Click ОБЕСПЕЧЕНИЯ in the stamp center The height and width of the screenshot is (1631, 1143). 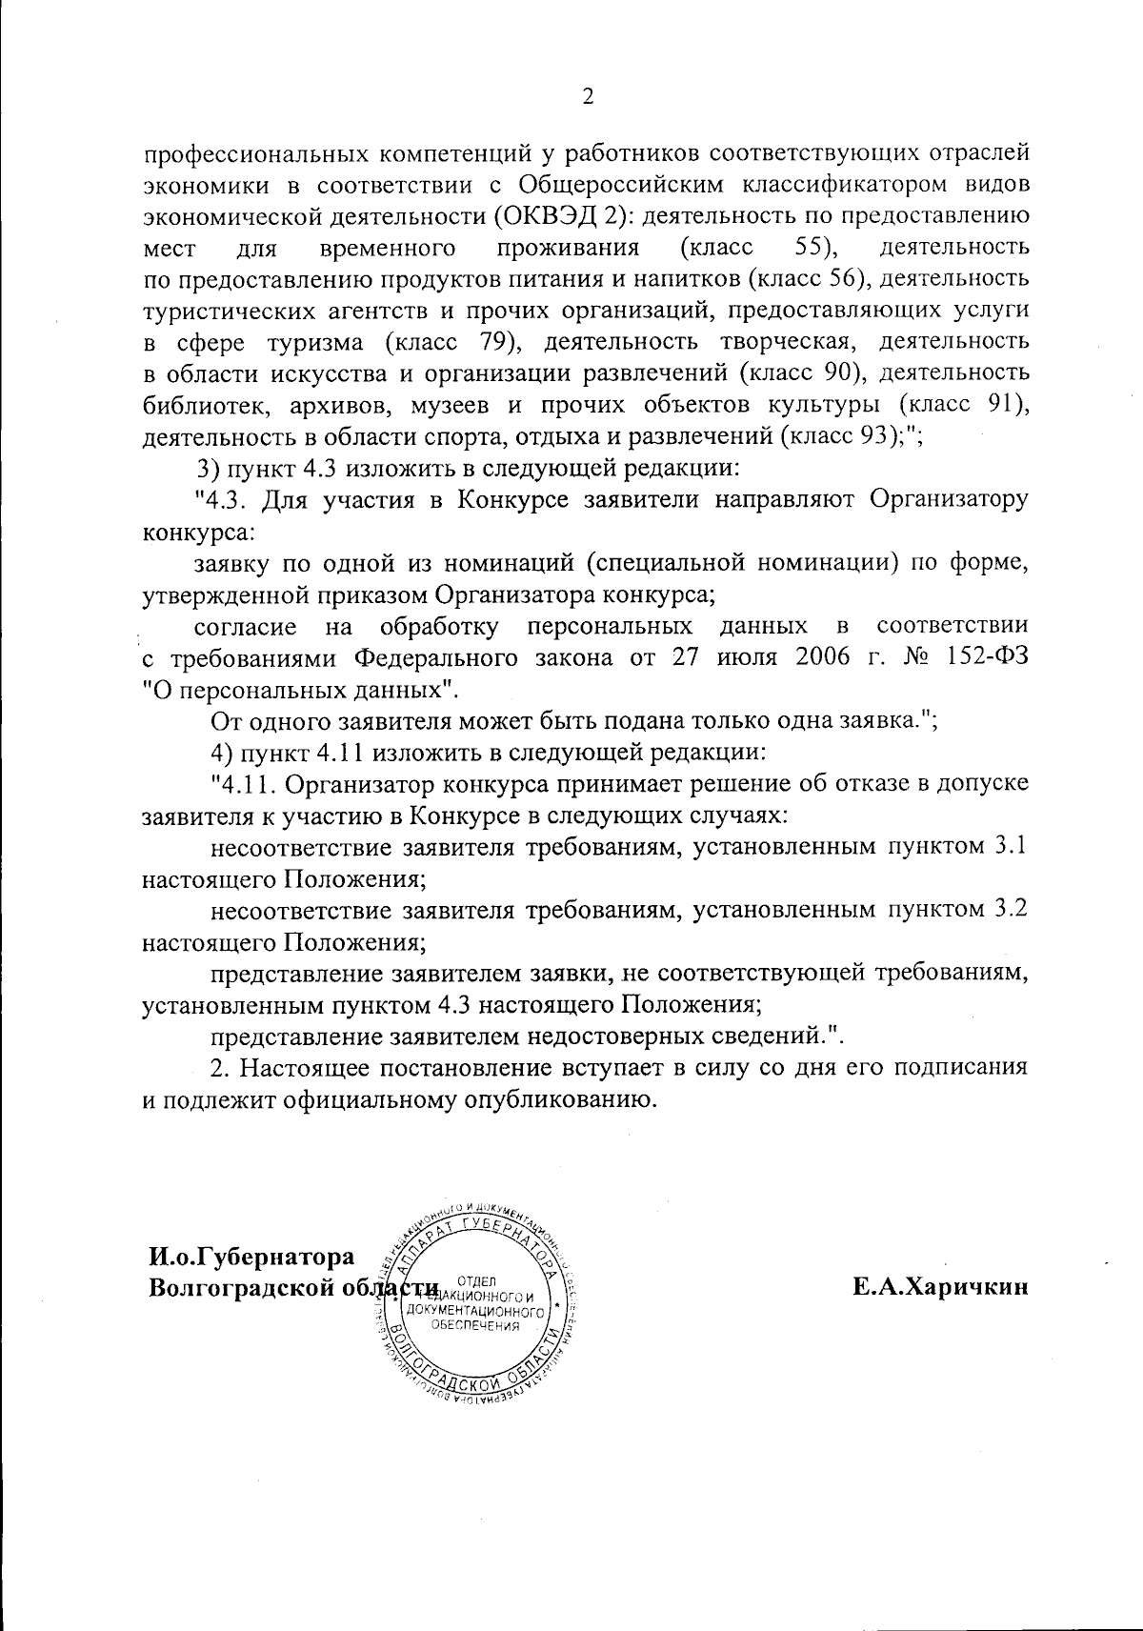pos(475,1325)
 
